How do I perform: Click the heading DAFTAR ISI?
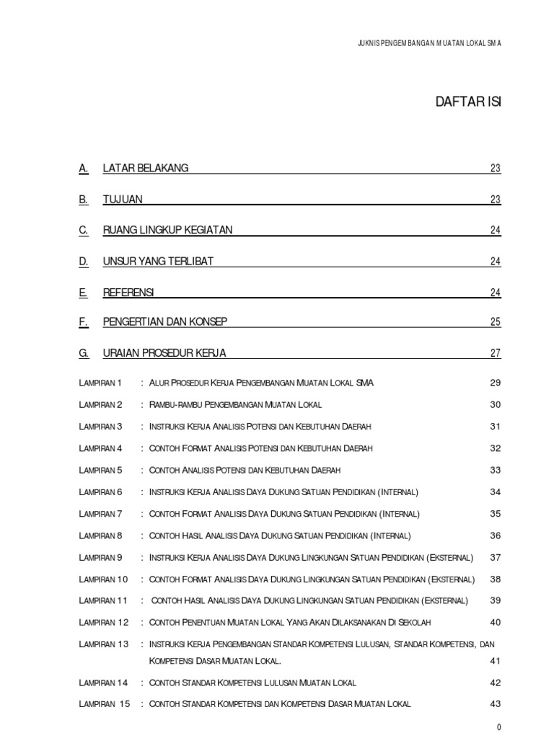(x=467, y=102)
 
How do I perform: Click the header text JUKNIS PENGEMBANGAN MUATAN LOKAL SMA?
(x=429, y=43)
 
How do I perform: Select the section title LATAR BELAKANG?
(x=146, y=168)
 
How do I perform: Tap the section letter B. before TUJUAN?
(x=84, y=199)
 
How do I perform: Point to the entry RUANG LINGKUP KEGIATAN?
(x=167, y=230)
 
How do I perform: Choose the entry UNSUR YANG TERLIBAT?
(x=158, y=261)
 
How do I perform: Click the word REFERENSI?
(x=128, y=292)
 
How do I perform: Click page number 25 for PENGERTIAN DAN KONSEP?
(x=495, y=322)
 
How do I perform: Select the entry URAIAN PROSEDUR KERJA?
(x=164, y=353)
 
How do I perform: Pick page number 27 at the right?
(x=495, y=353)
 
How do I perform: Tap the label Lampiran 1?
(x=101, y=383)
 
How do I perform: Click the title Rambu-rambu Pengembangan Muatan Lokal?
(x=235, y=404)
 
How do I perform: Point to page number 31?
(x=495, y=427)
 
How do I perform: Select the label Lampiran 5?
(x=101, y=470)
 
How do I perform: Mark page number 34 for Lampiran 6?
(x=495, y=492)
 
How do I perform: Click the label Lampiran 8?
(x=101, y=535)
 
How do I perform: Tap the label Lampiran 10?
(x=103, y=579)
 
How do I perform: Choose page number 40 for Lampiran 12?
(x=495, y=623)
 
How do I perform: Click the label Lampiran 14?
(x=103, y=683)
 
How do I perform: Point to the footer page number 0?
(x=498, y=727)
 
